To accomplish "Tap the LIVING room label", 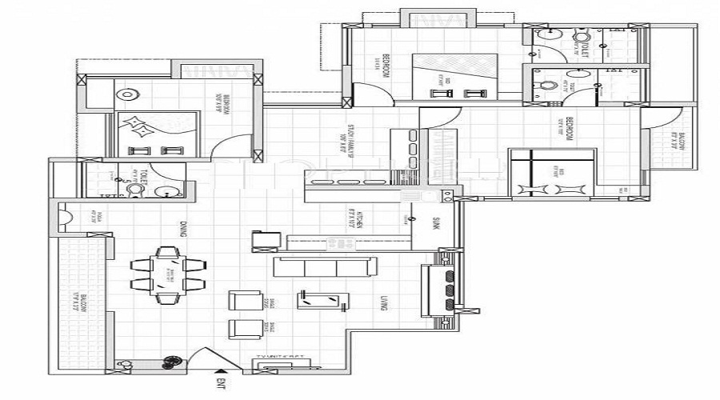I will (385, 302).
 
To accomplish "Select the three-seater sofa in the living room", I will (321, 266).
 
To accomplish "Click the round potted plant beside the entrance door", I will (170, 362).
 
